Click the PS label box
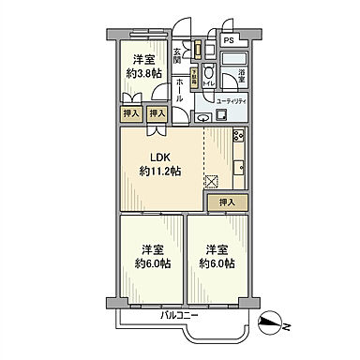pyautogui.click(x=229, y=40)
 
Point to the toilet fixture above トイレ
pyautogui.click(x=208, y=71)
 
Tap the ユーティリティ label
pyautogui.click(x=233, y=100)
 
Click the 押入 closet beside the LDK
pyautogui.click(x=226, y=201)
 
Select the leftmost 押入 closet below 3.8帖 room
pyautogui.click(x=131, y=113)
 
